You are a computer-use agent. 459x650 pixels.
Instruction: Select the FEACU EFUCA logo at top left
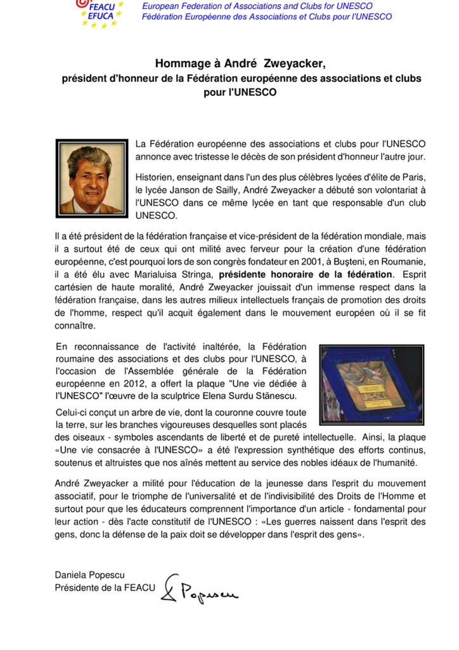(x=95, y=13)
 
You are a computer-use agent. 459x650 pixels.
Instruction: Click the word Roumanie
(x=398, y=261)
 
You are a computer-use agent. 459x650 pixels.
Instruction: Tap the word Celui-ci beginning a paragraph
(x=74, y=412)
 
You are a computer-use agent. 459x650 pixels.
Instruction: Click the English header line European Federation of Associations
(x=257, y=6)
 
